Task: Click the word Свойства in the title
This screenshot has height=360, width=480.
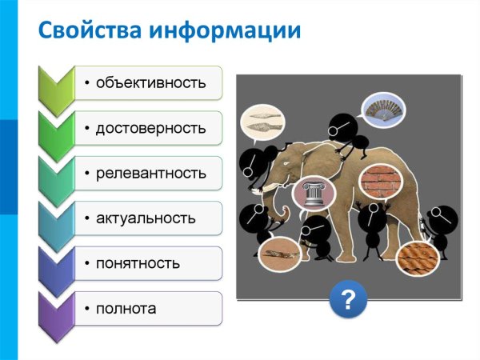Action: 88,31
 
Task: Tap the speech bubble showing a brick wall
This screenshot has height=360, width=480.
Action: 378,182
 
